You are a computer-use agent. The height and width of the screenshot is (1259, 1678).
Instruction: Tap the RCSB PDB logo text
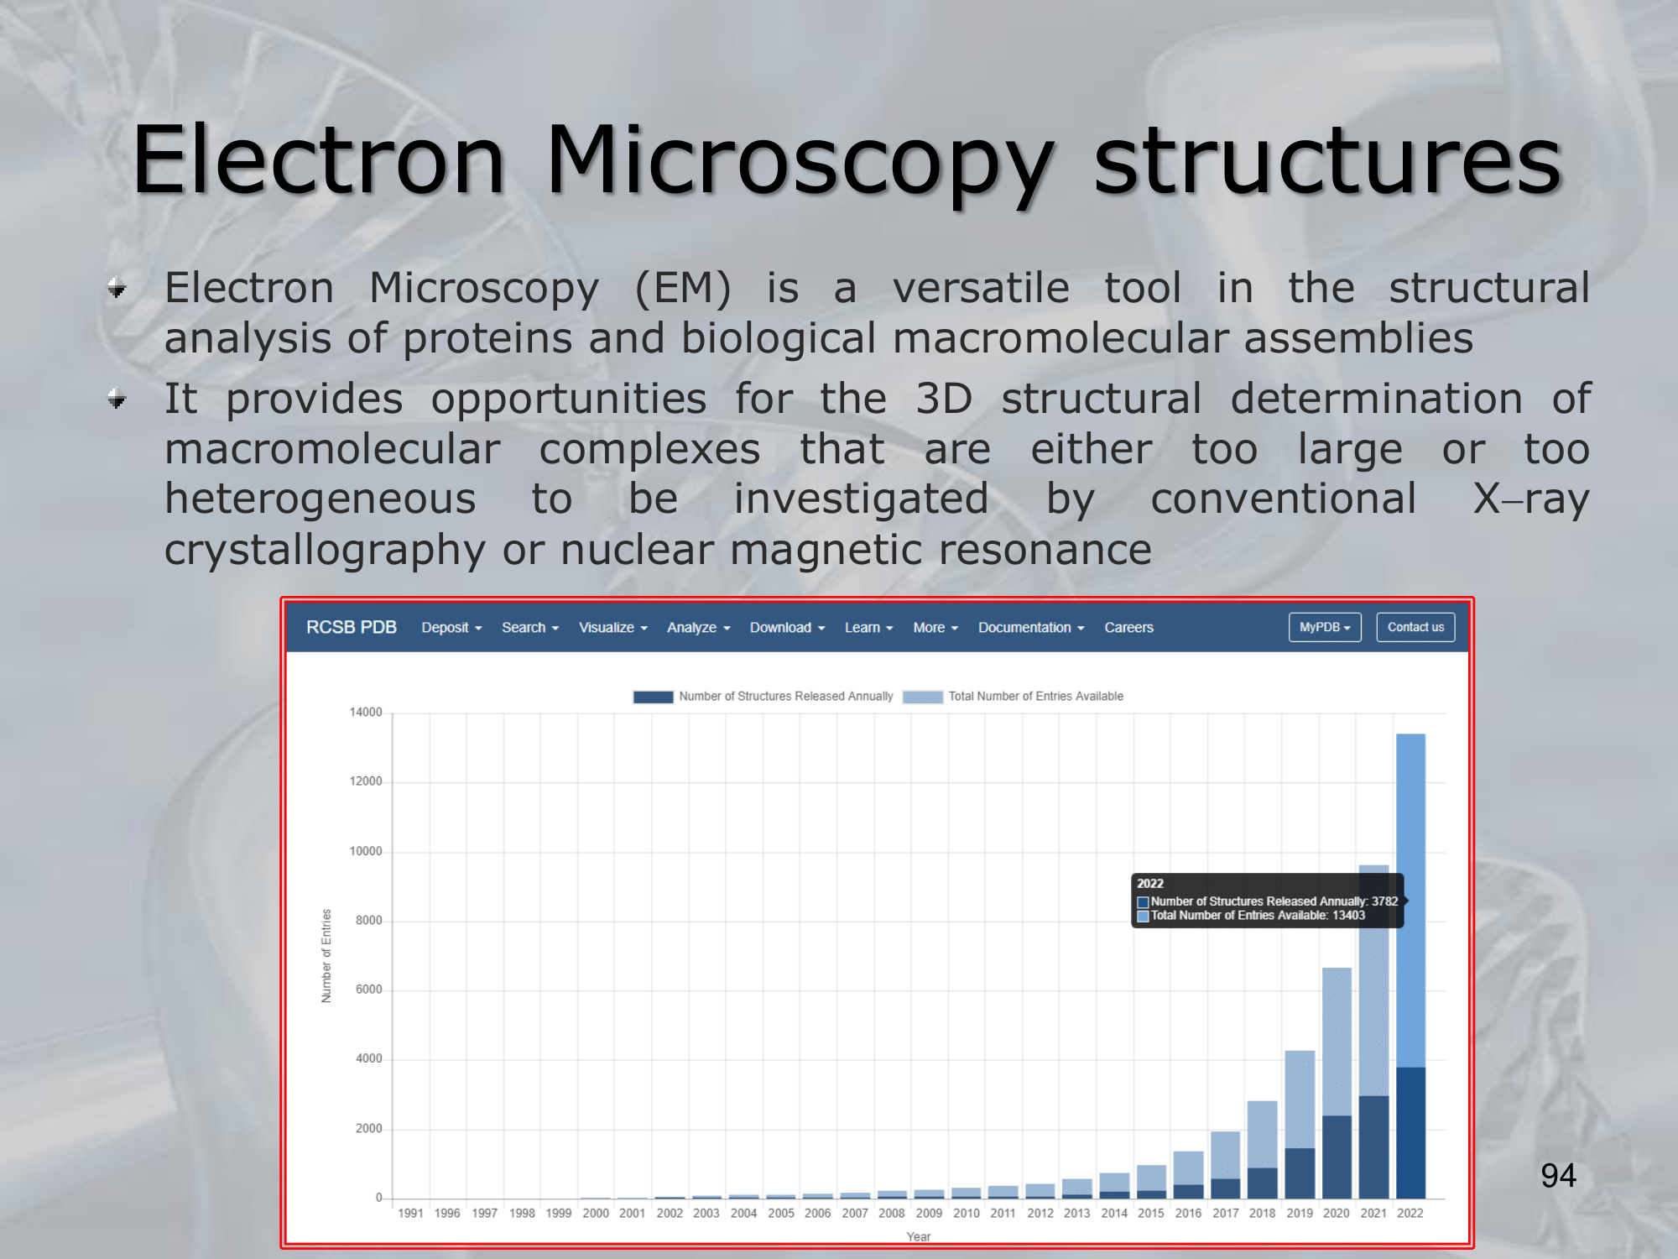point(352,627)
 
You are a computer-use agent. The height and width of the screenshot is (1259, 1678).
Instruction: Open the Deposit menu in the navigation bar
point(451,627)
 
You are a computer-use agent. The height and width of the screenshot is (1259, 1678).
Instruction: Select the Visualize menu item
point(613,627)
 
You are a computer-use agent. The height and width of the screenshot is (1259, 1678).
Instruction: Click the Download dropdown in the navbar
point(787,627)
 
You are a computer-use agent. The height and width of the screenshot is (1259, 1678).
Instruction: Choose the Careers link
point(1128,627)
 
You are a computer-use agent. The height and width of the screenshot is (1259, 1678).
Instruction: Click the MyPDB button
point(1325,627)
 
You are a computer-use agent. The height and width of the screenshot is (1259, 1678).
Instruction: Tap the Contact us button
point(1415,627)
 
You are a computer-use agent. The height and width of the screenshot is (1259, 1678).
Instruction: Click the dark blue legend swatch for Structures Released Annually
point(653,697)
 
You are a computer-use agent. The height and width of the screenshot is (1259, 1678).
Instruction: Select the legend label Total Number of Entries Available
point(1035,696)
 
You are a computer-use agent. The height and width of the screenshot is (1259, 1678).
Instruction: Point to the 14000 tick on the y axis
point(366,712)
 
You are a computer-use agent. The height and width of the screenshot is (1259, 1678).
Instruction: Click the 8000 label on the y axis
point(369,920)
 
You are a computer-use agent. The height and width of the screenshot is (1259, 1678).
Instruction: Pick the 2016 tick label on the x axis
point(1188,1213)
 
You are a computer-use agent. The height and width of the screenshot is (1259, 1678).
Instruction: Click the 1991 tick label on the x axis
point(410,1213)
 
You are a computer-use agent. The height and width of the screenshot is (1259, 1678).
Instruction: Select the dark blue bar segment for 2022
point(1410,1132)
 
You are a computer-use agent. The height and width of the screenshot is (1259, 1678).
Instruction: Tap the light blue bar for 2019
point(1300,1099)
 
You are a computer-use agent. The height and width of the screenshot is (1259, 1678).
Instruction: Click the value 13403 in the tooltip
point(1348,915)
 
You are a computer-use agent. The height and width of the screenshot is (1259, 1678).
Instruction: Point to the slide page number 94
point(1558,1175)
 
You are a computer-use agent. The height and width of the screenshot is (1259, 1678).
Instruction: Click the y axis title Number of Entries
point(326,956)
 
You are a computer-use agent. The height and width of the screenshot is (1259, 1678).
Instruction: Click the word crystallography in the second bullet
point(326,551)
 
